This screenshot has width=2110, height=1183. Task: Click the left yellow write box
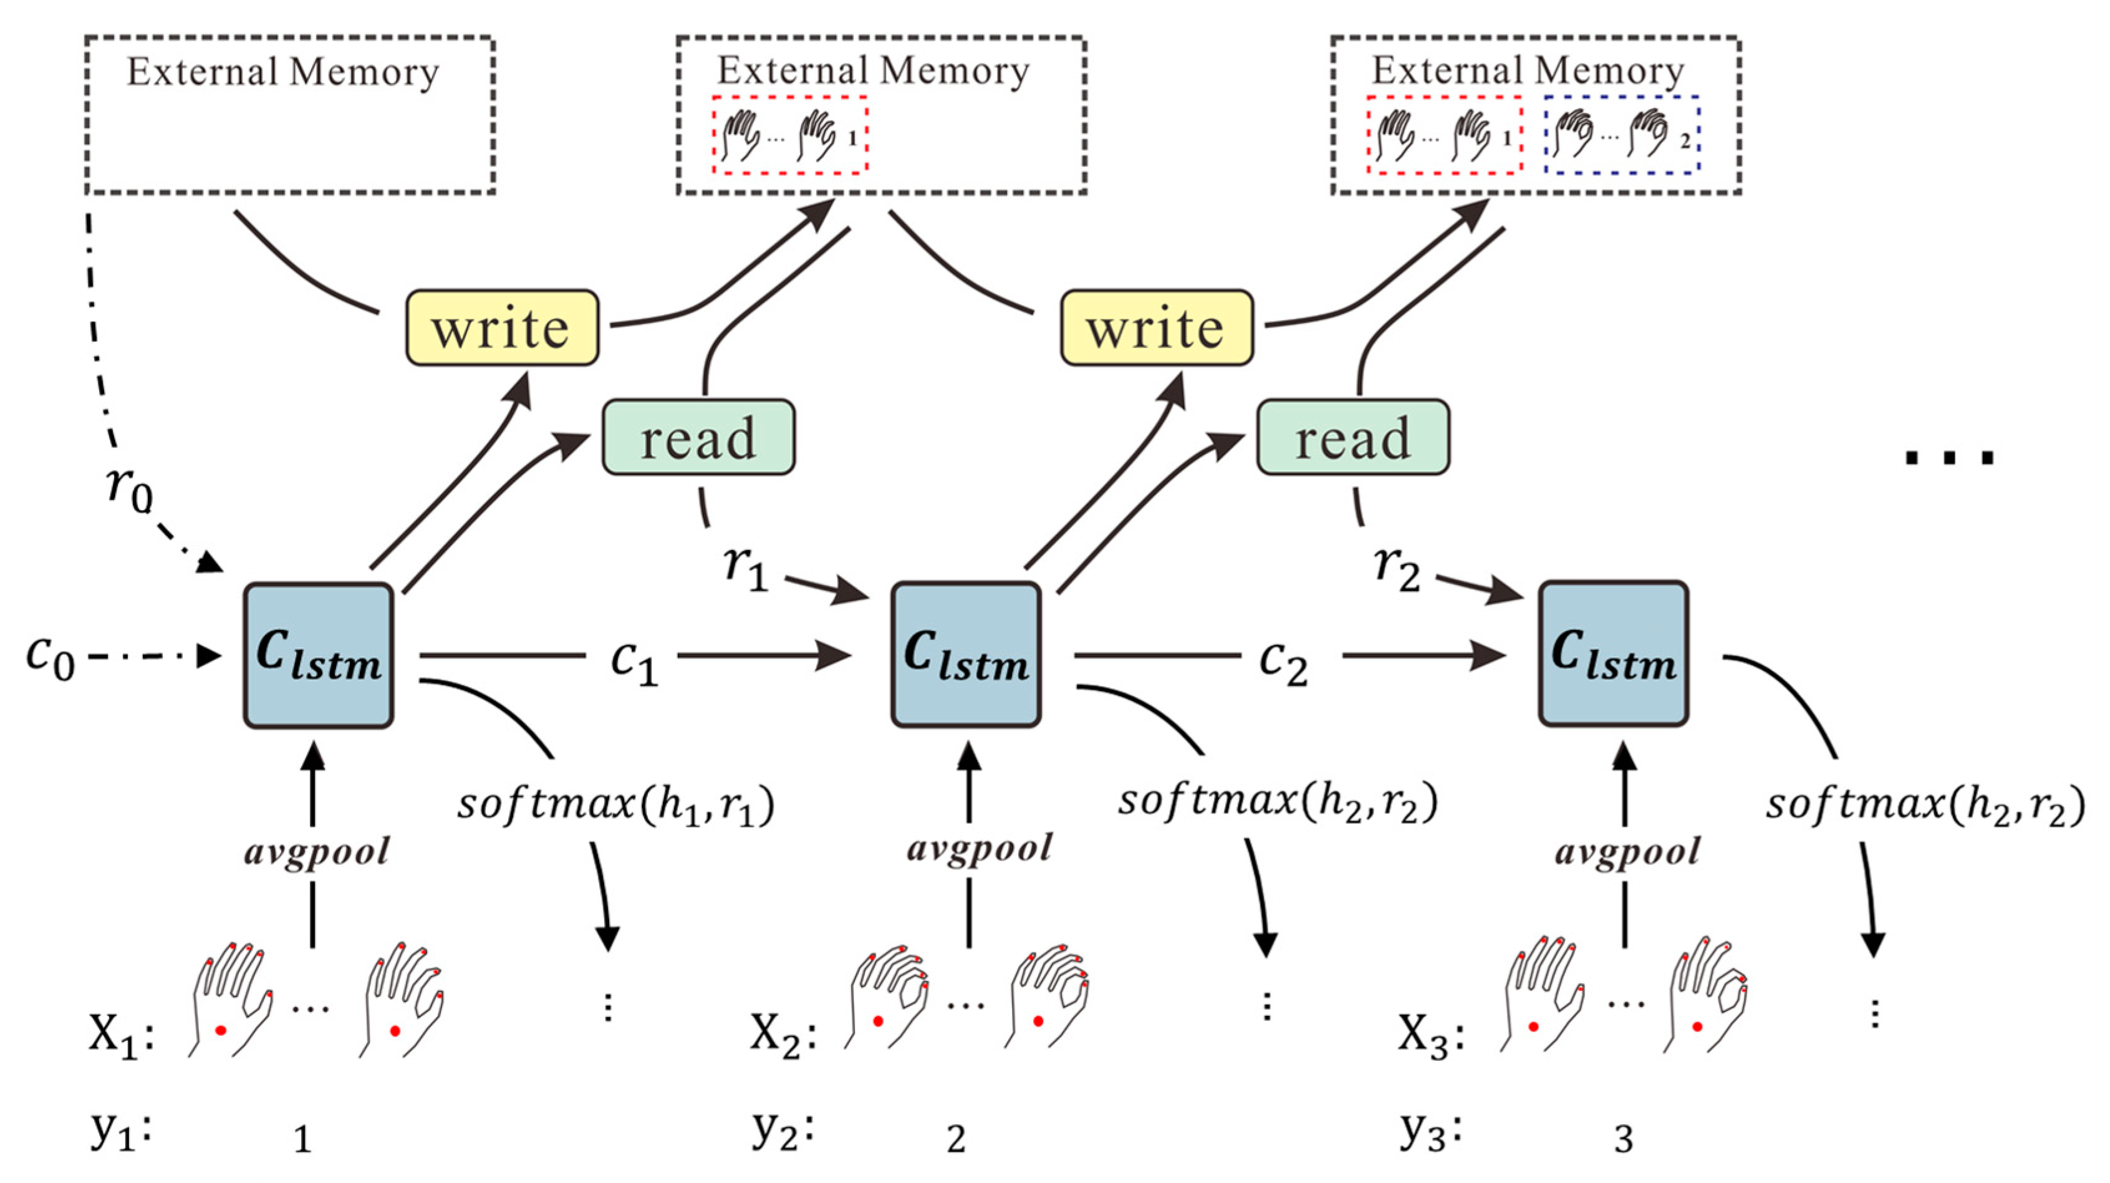point(502,327)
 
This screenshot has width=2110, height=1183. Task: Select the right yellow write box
point(1157,327)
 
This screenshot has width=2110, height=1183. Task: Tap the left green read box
point(698,438)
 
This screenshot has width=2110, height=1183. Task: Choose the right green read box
point(1352,438)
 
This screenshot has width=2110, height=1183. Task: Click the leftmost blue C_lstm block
point(319,655)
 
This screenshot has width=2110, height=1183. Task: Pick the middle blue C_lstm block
point(966,655)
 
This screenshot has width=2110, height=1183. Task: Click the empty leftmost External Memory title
point(282,72)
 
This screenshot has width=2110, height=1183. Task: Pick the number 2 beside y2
point(955,1139)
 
